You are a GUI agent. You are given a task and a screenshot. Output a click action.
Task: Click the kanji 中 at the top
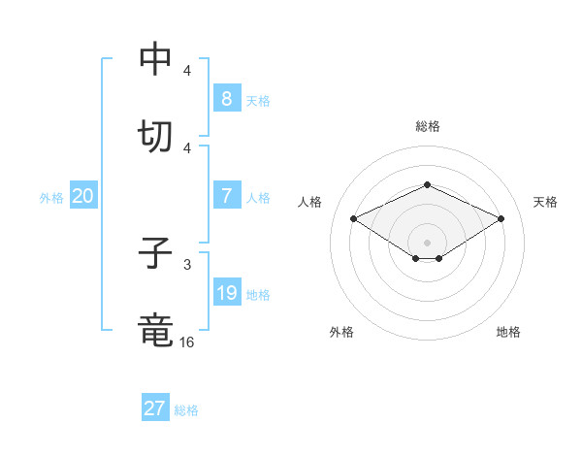point(155,58)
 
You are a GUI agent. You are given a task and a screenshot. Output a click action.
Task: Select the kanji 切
point(155,136)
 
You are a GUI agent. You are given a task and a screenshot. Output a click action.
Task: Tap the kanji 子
point(155,252)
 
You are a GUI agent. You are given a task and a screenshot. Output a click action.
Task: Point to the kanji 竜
point(155,330)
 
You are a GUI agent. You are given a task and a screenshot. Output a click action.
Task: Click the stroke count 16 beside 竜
point(186,342)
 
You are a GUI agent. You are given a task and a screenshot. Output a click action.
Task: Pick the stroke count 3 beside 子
point(187,265)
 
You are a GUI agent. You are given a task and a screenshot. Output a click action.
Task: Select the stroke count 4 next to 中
point(187,70)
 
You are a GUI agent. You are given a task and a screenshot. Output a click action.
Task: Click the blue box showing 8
point(227,98)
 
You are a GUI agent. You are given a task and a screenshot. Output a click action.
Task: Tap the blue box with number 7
point(227,195)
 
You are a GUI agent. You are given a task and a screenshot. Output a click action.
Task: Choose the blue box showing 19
point(227,291)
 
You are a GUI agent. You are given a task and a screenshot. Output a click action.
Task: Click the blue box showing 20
point(83,195)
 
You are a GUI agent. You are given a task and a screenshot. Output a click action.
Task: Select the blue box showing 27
point(155,407)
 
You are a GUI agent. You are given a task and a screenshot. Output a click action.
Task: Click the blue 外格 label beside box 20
point(51,198)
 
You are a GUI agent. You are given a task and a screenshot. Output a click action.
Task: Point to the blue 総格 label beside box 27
point(186,410)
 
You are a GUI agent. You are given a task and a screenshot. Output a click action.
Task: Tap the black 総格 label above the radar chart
point(428,126)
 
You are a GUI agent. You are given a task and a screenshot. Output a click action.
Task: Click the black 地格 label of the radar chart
point(508,332)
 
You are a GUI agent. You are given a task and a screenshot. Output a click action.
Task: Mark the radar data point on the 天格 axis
point(501,218)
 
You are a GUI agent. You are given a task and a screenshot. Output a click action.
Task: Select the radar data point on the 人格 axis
point(353,218)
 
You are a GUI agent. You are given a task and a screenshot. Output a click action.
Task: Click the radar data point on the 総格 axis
point(427,184)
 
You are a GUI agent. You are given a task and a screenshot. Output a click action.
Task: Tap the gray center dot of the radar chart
point(427,243)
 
